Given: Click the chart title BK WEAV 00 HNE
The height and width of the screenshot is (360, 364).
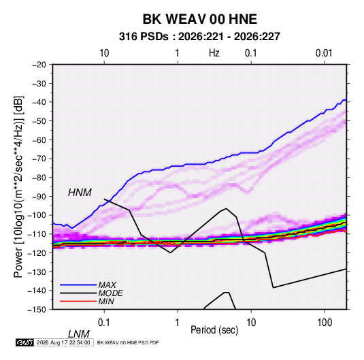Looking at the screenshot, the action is [199, 19].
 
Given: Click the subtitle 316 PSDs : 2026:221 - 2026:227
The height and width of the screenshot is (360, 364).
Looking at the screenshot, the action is [199, 37].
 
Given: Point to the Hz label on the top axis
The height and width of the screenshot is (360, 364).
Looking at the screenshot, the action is [214, 53].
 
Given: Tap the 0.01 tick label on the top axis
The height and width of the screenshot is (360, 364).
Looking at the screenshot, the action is [324, 53].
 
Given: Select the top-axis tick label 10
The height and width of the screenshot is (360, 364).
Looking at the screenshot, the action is [104, 53].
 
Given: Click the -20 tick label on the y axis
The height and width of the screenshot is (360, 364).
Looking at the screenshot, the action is [39, 65].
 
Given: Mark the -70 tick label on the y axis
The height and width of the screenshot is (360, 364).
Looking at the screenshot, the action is [39, 159].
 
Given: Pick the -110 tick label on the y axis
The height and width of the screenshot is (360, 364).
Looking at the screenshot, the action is [37, 234].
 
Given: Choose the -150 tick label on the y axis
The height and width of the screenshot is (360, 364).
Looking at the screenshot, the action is [37, 310].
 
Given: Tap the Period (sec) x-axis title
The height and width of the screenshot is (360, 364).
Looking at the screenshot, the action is [214, 330].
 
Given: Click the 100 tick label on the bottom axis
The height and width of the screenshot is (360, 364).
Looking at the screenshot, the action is [325, 323].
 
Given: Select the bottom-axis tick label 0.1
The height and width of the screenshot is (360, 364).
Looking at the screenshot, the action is [103, 323].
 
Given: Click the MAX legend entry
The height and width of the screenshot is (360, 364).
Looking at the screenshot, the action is [107, 285].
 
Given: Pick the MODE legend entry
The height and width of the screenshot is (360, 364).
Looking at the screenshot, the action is [110, 293].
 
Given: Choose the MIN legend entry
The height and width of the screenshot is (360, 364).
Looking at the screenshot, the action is [106, 301].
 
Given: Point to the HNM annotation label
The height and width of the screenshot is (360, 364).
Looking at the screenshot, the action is [80, 193].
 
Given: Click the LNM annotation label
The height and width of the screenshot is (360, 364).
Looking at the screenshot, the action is [79, 334].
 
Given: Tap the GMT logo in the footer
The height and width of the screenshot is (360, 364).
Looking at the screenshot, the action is [25, 342].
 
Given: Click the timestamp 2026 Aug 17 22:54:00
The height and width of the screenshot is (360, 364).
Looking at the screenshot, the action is [63, 342].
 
